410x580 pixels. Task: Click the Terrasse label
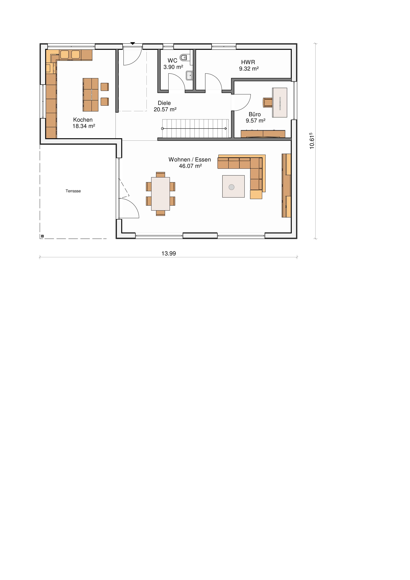pos(73,191)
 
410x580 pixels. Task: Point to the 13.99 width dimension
pos(169,253)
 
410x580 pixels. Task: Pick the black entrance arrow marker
pos(133,43)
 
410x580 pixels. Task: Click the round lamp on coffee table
pos(231,187)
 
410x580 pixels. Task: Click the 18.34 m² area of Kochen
pos(84,126)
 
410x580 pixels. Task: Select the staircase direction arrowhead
pos(226,129)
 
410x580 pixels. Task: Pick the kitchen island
pos(90,95)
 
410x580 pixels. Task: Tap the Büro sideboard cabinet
pos(263,134)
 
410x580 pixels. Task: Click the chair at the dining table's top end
pos(160,175)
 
